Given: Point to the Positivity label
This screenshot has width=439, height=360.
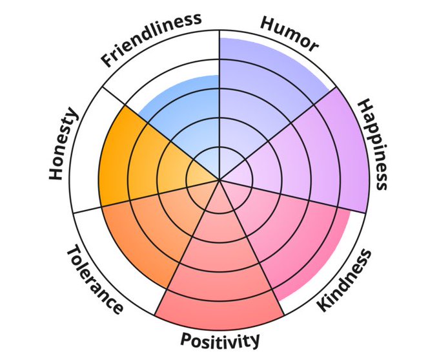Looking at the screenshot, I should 220,339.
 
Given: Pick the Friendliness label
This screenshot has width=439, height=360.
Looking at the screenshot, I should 150,39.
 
